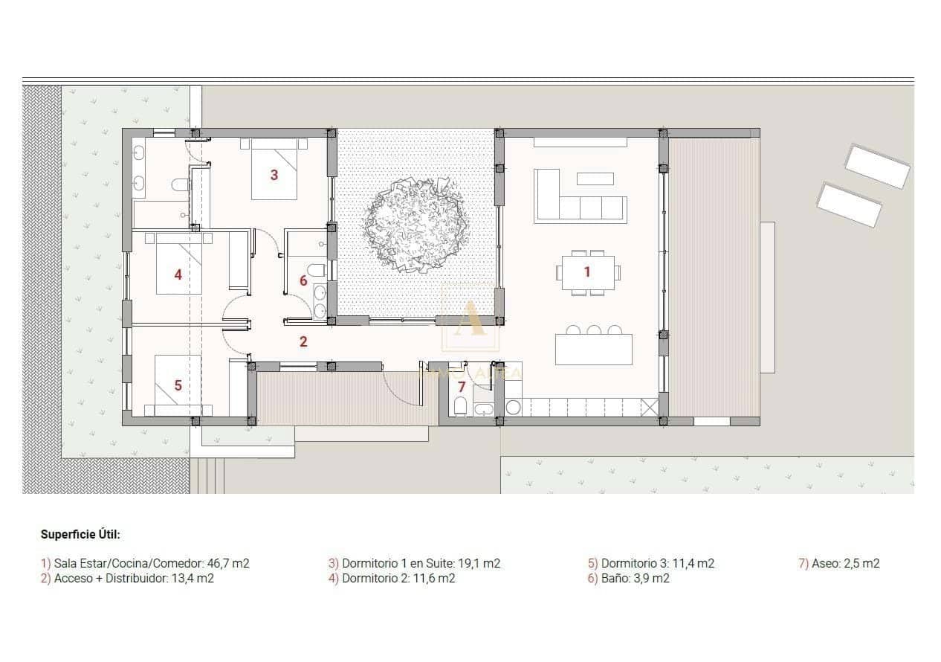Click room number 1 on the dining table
[586, 272]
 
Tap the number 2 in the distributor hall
[303, 342]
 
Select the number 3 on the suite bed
[274, 176]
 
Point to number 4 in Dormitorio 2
[178, 275]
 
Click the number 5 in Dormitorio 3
[178, 385]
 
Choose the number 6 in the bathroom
[303, 280]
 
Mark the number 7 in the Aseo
[462, 387]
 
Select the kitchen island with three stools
[593, 349]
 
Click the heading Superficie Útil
[80, 534]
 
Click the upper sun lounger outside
[878, 167]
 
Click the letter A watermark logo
[471, 318]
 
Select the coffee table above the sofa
[595, 179]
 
